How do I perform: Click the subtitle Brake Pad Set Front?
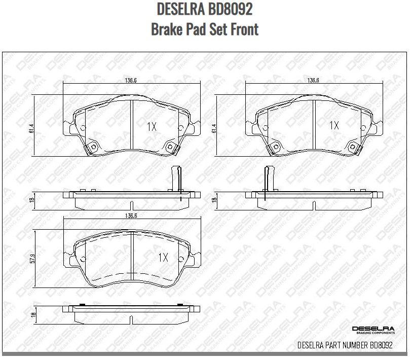[x=205, y=29]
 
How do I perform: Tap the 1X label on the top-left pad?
[x=151, y=127]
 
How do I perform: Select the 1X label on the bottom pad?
[x=162, y=258]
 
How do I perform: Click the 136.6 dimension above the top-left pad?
[x=131, y=80]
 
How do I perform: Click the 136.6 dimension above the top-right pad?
[x=313, y=80]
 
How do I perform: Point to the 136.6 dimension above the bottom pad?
[x=131, y=216]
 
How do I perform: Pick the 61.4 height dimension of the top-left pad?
[x=32, y=129]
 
